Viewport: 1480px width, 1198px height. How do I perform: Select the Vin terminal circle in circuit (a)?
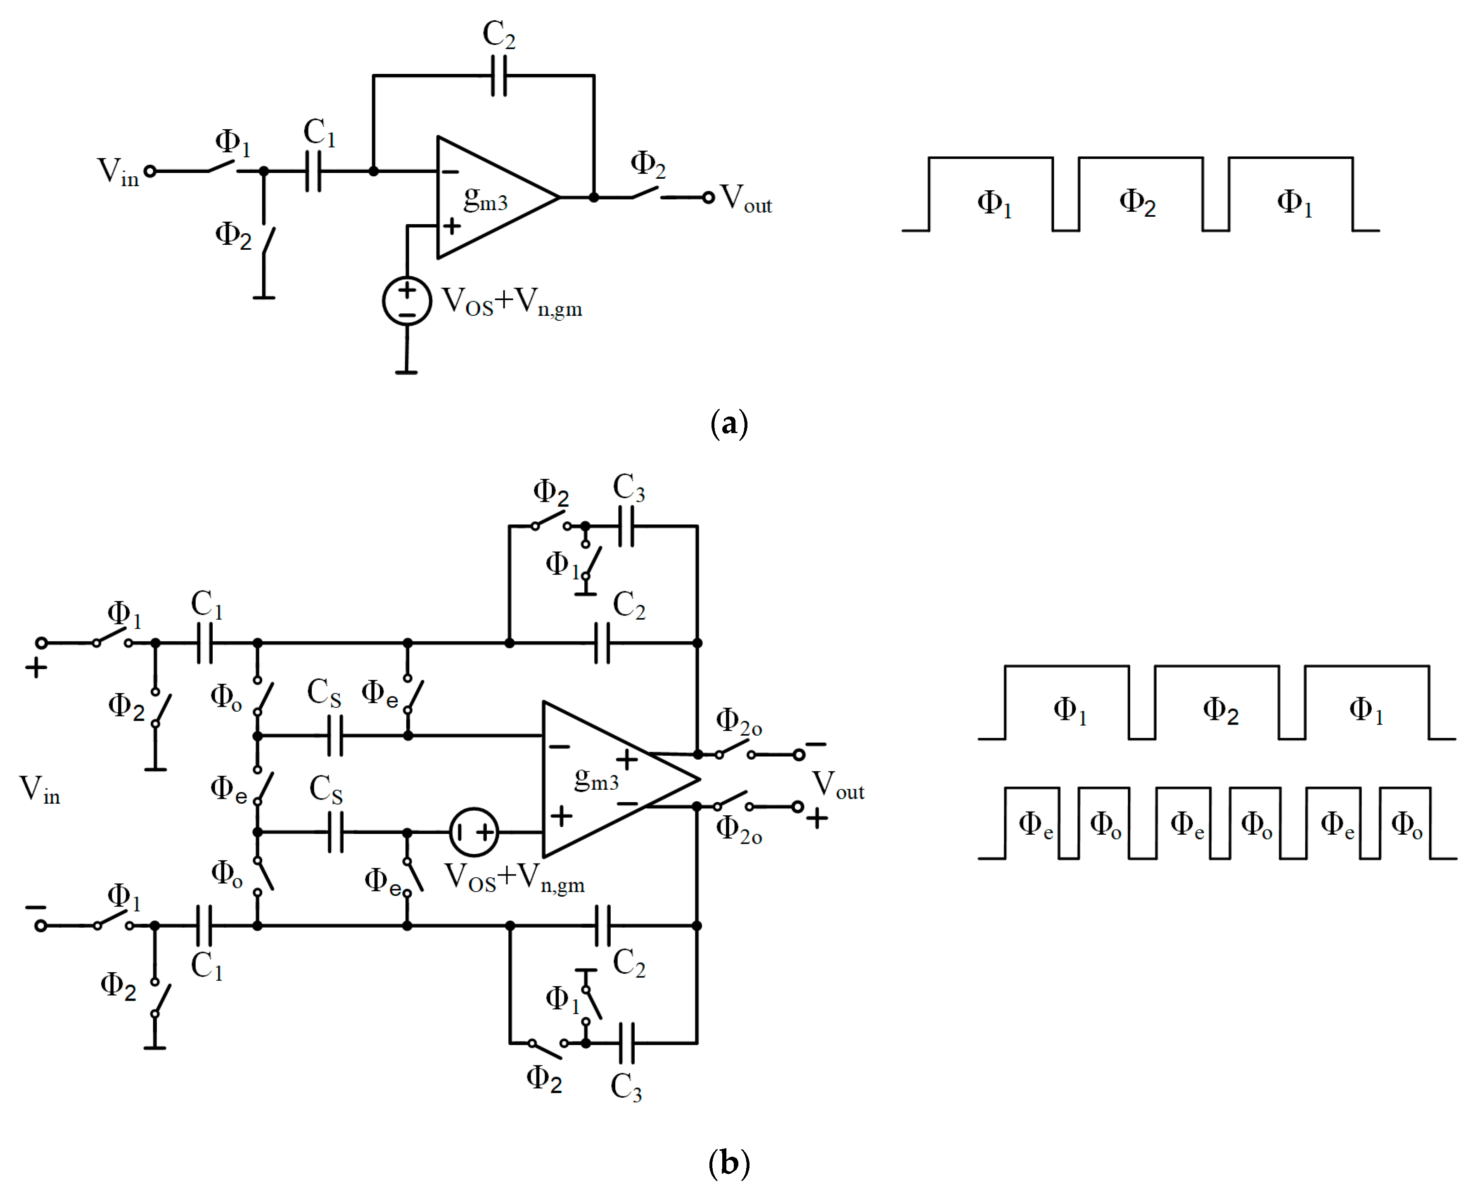[x=150, y=171]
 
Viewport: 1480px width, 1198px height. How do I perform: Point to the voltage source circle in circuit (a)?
[x=407, y=301]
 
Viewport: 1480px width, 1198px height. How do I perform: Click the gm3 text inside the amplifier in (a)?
[x=485, y=200]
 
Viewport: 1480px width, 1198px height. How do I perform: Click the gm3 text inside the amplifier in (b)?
[x=596, y=780]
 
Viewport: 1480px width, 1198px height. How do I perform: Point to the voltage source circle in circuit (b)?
[x=474, y=831]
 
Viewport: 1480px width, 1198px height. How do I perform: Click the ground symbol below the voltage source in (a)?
[x=407, y=372]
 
